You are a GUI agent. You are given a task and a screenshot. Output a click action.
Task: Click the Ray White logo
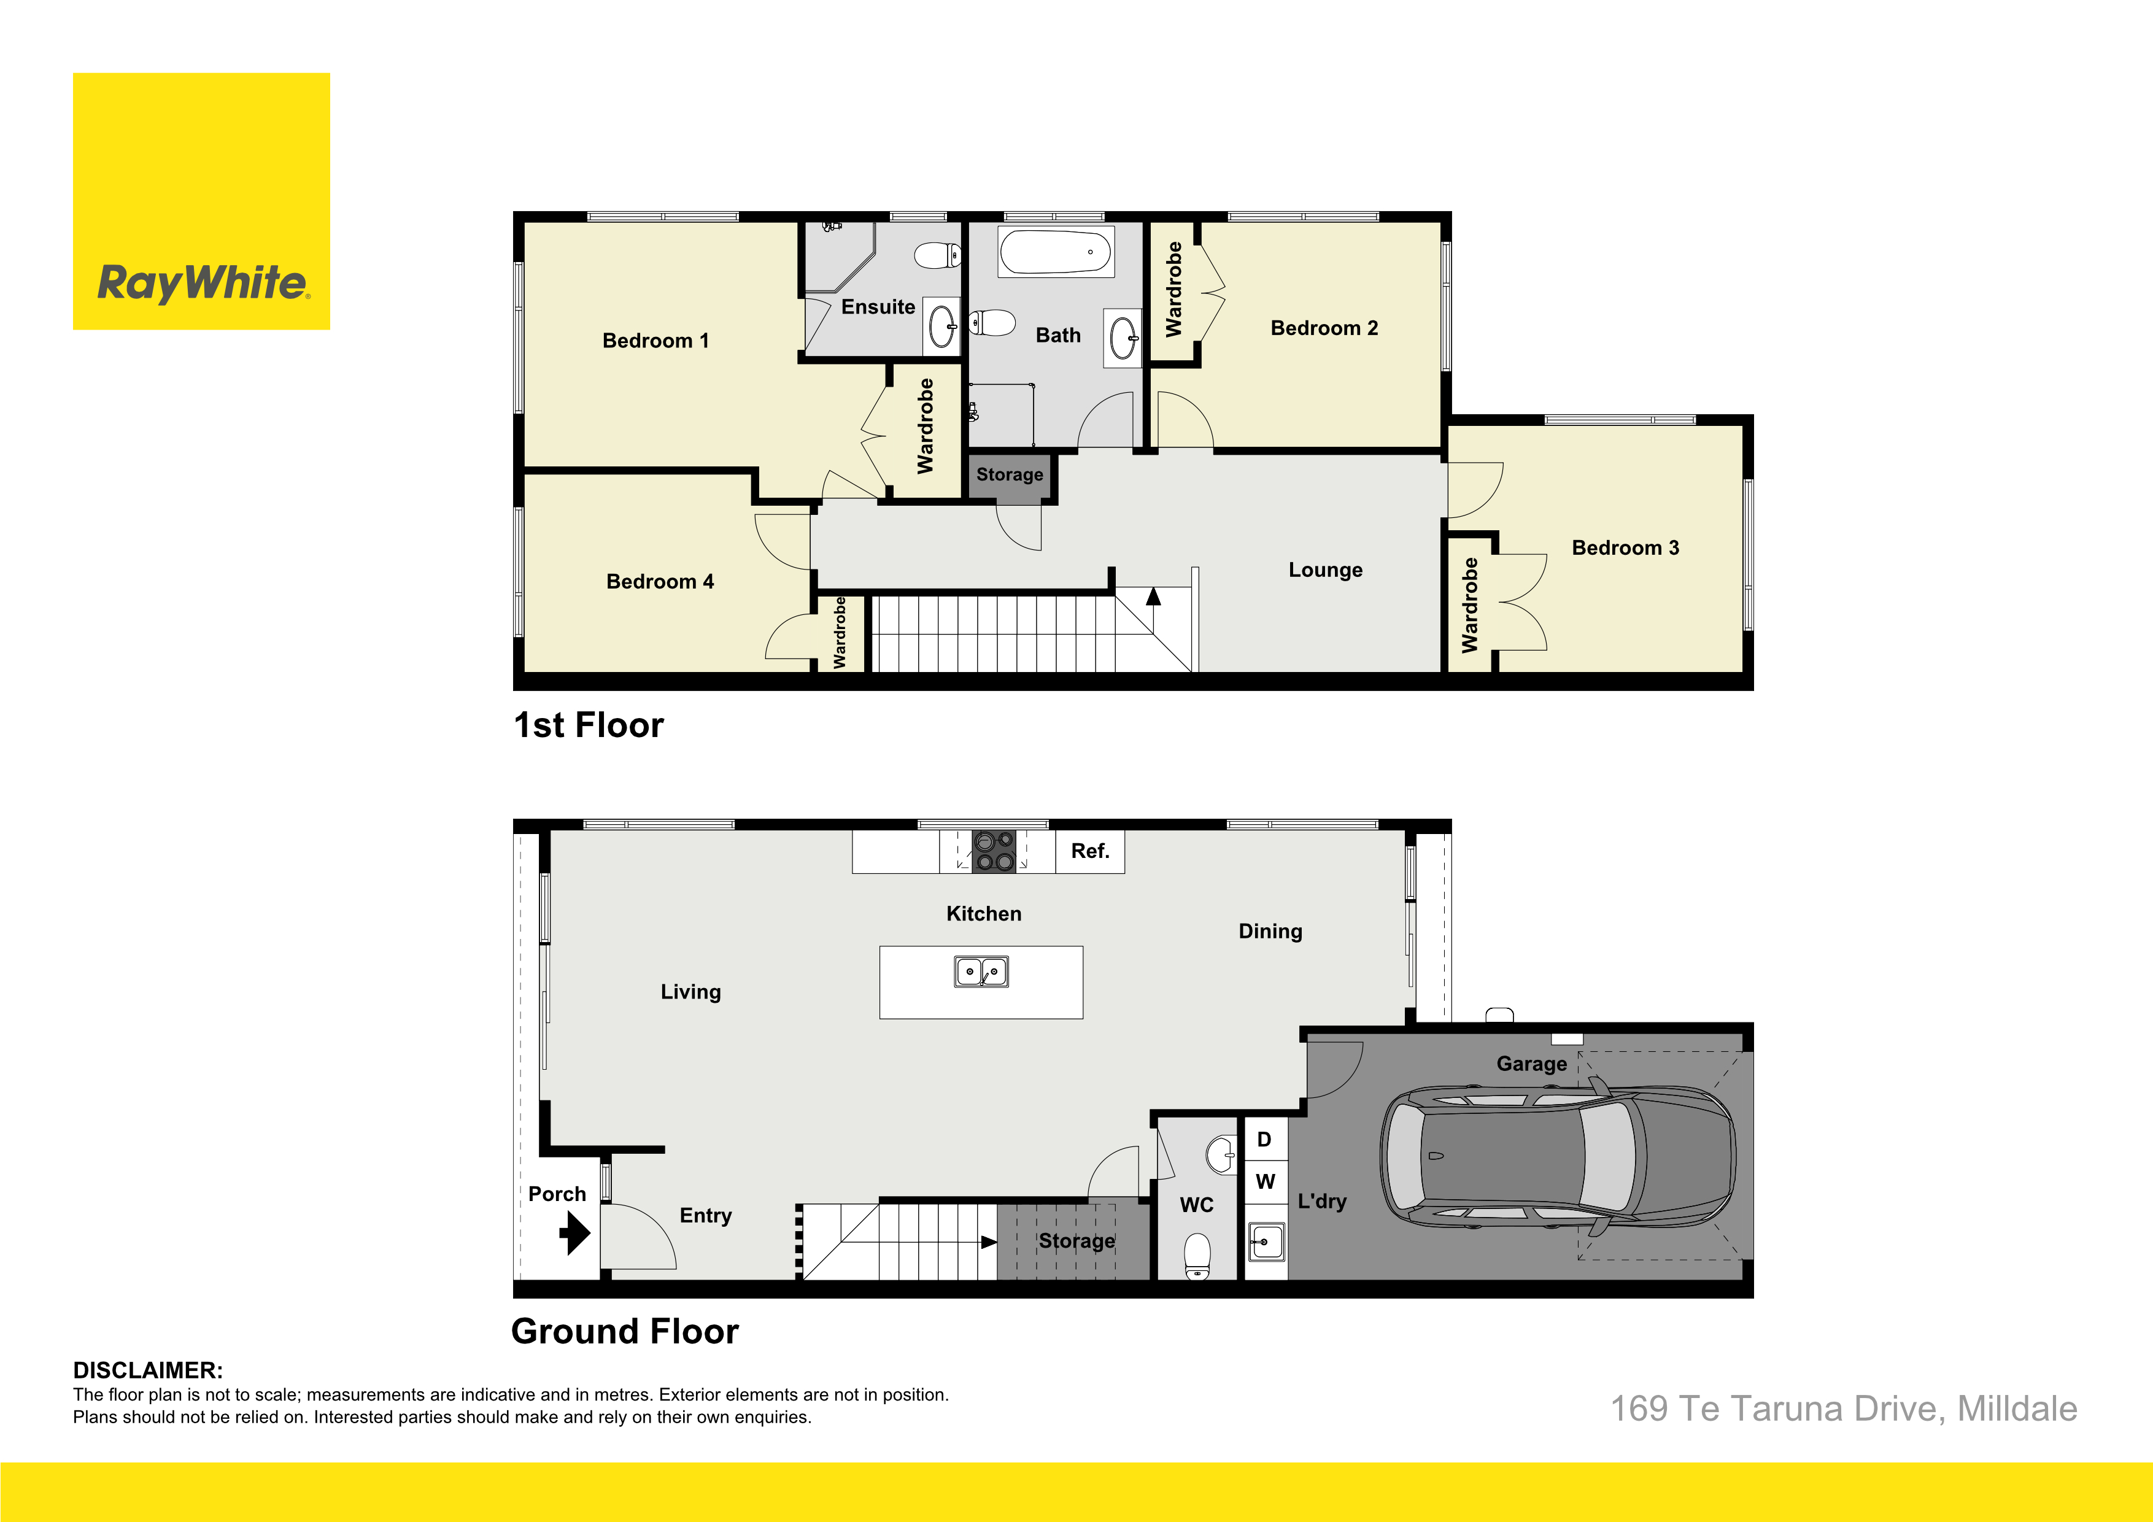coord(201,202)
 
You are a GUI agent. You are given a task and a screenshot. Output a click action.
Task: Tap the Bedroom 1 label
coord(655,341)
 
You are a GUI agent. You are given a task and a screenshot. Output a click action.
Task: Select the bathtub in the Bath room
coord(1056,252)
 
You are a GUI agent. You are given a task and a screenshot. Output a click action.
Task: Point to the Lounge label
coord(1325,570)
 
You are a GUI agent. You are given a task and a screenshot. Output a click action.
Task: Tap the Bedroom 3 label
coord(1625,547)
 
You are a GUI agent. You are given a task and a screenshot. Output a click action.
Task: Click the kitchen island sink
coord(981,972)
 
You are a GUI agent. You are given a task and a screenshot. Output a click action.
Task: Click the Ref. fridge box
coord(1089,851)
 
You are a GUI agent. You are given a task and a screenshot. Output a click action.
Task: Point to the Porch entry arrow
coord(575,1232)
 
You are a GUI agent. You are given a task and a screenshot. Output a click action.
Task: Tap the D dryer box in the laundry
coord(1265,1140)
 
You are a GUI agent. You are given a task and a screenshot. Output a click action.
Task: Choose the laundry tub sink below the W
coord(1267,1242)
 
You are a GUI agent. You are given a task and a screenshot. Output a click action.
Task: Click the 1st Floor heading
coord(589,725)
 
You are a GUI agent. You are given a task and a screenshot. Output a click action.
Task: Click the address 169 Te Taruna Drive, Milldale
coord(1844,1408)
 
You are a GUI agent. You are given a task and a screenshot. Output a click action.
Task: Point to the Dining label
coord(1270,931)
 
